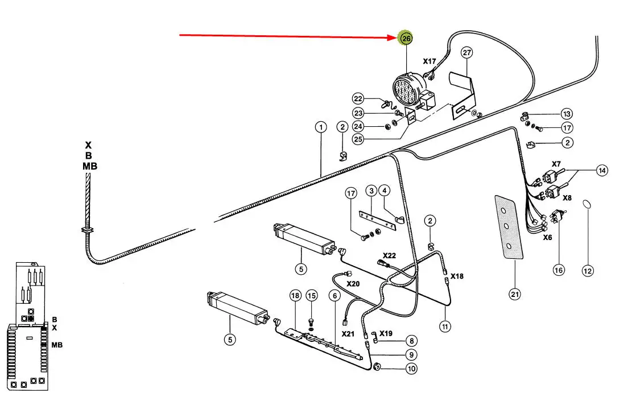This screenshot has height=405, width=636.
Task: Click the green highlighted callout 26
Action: point(406,38)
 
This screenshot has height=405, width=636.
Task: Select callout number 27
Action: point(466,53)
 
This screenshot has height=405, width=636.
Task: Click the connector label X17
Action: point(429,61)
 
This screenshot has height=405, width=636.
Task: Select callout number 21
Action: point(514,294)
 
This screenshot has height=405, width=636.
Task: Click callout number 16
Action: point(559,270)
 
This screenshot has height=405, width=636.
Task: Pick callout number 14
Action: point(602,170)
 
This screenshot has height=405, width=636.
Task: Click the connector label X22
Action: point(389,255)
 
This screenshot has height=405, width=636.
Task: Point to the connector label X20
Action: point(353,283)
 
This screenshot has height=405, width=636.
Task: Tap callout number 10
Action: point(411,369)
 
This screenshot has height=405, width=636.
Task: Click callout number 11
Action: point(445,326)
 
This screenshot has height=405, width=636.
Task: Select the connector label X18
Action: point(457,276)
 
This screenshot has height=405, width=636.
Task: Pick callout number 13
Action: point(567,114)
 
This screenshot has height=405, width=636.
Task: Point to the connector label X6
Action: point(547,238)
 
